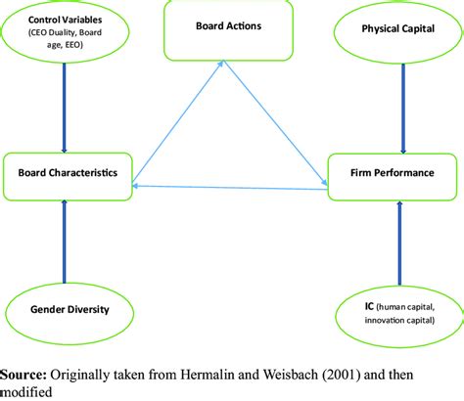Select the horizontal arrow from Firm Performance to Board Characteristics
(230, 188)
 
